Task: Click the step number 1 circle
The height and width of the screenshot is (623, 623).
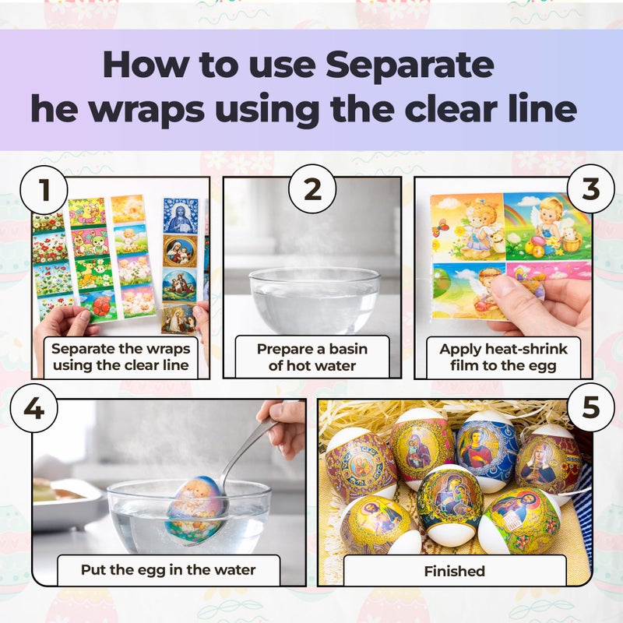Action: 44,190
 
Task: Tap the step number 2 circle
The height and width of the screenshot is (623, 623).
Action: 312,189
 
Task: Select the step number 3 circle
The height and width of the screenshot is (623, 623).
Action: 591,188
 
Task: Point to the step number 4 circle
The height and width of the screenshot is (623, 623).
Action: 33,408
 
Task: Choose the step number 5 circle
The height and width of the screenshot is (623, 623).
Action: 591,407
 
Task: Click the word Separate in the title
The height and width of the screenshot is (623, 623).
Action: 410,65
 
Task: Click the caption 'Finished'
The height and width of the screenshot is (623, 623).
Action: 455,571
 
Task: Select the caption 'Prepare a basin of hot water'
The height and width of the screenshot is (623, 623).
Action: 312,357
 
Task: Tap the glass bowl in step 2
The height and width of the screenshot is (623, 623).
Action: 315,301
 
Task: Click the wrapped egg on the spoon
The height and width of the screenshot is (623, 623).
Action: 196,510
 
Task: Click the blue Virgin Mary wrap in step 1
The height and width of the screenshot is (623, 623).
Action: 181,216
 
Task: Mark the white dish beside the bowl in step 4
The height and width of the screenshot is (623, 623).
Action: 64,503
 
